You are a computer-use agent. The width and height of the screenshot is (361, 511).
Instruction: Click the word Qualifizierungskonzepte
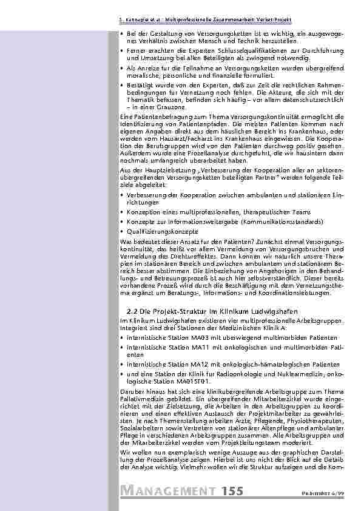coord(163,231)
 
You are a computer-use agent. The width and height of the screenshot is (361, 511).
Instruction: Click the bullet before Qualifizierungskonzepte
coord(123,231)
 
